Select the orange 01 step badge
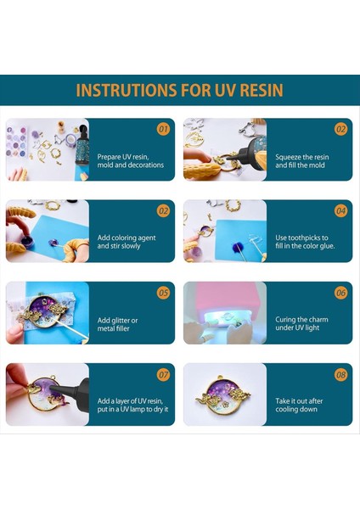click(163, 130)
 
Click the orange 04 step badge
click(340, 211)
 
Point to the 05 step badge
click(163, 293)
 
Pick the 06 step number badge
click(340, 293)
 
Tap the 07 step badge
click(163, 374)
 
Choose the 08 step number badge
click(340, 374)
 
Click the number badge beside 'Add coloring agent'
click(163, 211)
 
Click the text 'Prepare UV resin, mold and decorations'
click(124, 161)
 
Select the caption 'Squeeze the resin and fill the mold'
click(301, 161)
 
